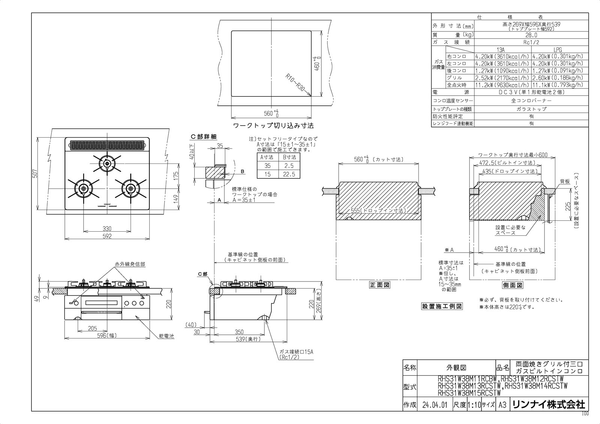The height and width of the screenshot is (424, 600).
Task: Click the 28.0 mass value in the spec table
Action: pyautogui.click(x=531, y=35)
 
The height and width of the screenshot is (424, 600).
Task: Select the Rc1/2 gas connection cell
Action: pyautogui.click(x=531, y=42)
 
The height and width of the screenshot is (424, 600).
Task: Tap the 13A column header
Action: pyautogui.click(x=502, y=49)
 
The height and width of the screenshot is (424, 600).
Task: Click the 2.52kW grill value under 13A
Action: pyautogui.click(x=502, y=78)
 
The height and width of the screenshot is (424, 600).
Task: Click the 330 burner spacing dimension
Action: pyautogui.click(x=107, y=228)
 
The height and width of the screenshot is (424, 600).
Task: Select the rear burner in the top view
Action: pyautogui.click(x=107, y=163)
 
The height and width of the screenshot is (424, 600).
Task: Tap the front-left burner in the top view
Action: pyautogui.click(x=83, y=187)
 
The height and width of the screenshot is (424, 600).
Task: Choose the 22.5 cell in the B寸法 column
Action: pyautogui.click(x=289, y=174)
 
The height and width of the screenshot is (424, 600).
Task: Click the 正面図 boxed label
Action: pyautogui.click(x=379, y=285)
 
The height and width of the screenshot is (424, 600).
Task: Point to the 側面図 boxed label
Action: pyautogui.click(x=512, y=285)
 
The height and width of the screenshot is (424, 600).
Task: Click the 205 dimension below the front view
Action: pyautogui.click(x=92, y=328)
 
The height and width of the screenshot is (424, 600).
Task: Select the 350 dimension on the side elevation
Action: pyautogui.click(x=239, y=332)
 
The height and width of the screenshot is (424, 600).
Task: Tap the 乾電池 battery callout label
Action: pyautogui.click(x=166, y=336)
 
